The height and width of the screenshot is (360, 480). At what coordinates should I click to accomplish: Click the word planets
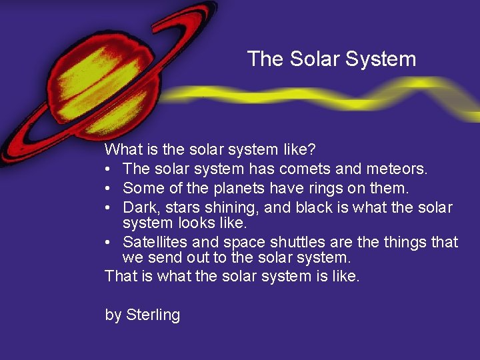pos(213,189)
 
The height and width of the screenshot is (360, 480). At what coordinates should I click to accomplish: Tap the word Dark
pos(141,207)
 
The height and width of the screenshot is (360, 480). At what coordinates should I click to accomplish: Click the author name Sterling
pos(153,315)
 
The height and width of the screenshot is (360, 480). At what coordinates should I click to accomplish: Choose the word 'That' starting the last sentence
pos(121,276)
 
